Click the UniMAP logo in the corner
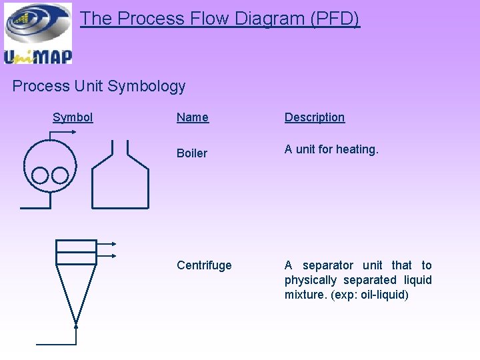coord(38,33)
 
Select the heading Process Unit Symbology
coord(99,86)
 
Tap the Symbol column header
coord(73,117)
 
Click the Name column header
coord(192,117)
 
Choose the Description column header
coord(314,117)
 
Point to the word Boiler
coord(192,153)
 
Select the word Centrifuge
coord(204,265)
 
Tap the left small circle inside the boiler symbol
coord(41,175)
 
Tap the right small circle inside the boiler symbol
coord(60,175)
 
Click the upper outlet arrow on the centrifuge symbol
coord(114,244)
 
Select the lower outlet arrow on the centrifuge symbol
coord(114,255)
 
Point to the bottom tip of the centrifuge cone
coord(76,325)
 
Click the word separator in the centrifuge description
coord(328,265)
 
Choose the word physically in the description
coord(311,280)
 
